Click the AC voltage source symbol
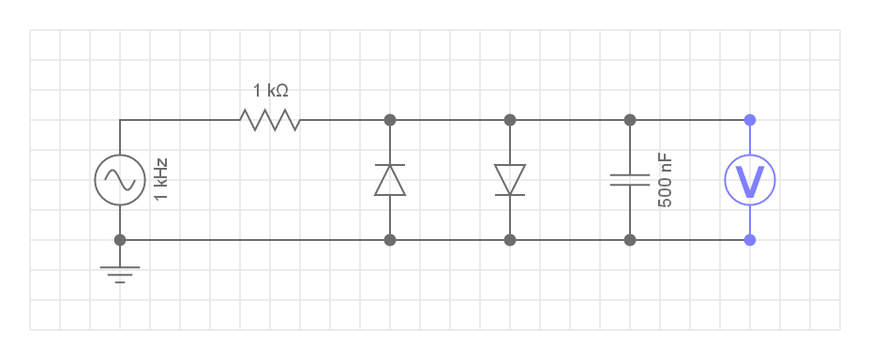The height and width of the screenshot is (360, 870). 120,180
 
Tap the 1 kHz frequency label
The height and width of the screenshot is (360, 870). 161,180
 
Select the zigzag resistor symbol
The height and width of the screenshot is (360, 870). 270,120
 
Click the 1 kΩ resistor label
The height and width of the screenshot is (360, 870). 270,90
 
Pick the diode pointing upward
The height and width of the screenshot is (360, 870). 390,180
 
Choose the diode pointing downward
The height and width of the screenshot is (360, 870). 510,180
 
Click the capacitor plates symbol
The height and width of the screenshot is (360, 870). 630,180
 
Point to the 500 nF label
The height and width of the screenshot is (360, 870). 665,181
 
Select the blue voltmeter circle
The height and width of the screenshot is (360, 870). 750,180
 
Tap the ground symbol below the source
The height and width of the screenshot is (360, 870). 120,274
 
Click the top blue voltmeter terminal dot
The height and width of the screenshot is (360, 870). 750,120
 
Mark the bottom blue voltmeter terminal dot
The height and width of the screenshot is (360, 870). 750,240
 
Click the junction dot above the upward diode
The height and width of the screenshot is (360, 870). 390,120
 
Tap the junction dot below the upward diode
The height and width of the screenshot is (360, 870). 390,240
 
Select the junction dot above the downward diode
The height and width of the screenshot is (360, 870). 510,120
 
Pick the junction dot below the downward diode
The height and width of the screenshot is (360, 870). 510,240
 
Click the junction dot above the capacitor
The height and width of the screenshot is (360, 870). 630,120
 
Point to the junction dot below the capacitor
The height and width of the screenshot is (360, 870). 630,240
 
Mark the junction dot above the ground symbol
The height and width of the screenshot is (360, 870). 120,240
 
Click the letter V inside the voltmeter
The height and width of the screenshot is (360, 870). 750,181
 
